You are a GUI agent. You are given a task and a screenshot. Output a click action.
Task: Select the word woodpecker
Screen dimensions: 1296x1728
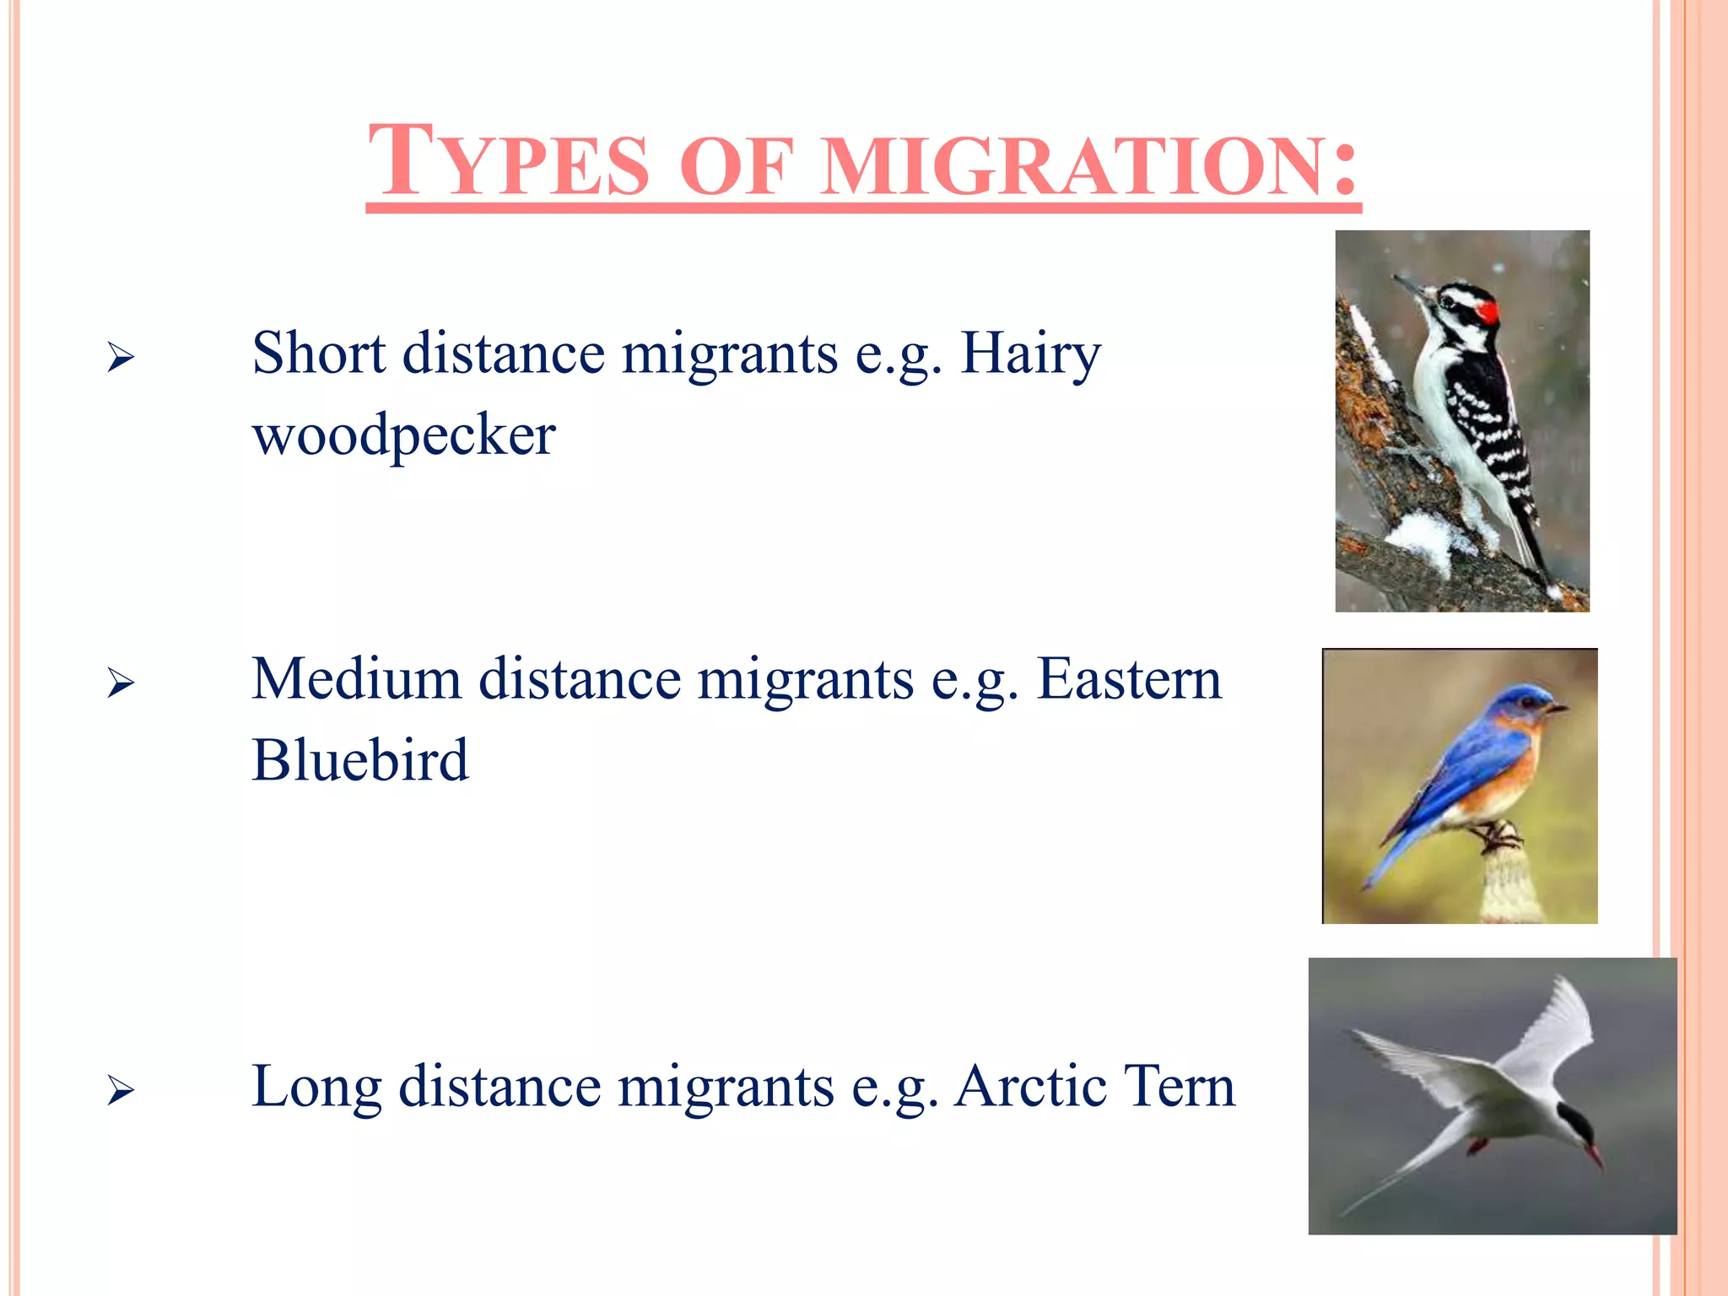point(404,435)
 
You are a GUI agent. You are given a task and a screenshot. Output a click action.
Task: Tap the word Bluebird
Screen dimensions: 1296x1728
point(359,759)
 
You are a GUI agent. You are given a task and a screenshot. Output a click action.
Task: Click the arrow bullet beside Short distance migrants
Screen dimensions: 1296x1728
point(121,358)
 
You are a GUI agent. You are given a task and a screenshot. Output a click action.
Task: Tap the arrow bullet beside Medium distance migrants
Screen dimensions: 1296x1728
point(121,683)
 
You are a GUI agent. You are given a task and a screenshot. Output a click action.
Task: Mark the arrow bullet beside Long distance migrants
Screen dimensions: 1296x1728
point(121,1091)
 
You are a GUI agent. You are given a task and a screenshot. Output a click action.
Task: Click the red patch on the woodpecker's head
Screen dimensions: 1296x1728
point(1488,312)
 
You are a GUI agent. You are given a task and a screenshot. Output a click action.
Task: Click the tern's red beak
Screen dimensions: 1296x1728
point(1593,1153)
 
